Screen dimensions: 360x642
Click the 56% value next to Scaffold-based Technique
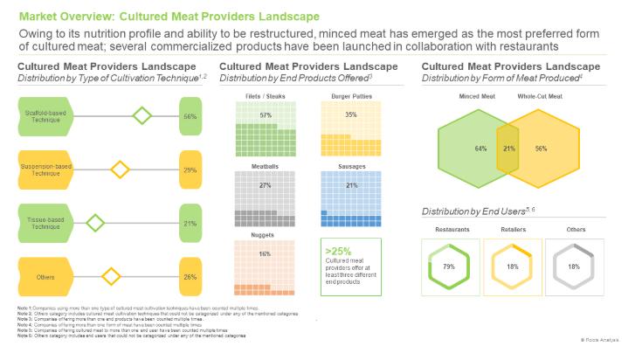(x=190, y=115)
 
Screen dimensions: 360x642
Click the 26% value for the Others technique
(x=190, y=277)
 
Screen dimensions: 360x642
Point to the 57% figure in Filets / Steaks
(x=266, y=115)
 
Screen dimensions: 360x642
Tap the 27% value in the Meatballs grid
(x=266, y=185)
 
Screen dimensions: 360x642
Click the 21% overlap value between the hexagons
(x=508, y=149)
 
